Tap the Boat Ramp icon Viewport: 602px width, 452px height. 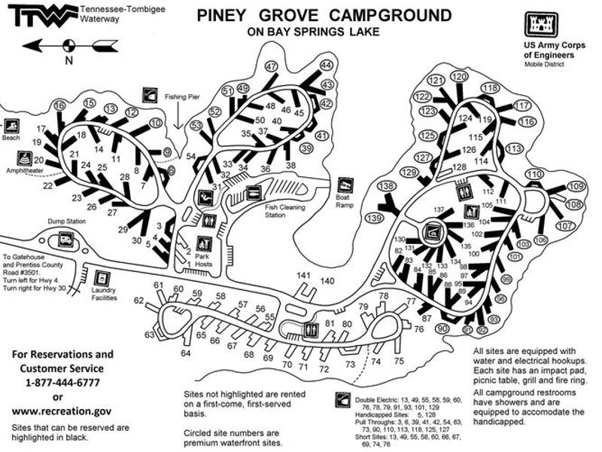pos(345,185)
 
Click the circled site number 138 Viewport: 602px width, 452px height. pos(386,186)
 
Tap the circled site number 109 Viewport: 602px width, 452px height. pos(576,186)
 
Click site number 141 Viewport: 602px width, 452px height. pos(303,274)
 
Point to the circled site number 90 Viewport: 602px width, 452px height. pos(442,328)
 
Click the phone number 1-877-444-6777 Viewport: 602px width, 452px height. pos(62,382)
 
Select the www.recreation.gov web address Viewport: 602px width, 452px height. pos(62,411)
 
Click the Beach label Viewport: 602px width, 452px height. pos(11,138)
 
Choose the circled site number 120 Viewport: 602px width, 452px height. pos(458,77)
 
